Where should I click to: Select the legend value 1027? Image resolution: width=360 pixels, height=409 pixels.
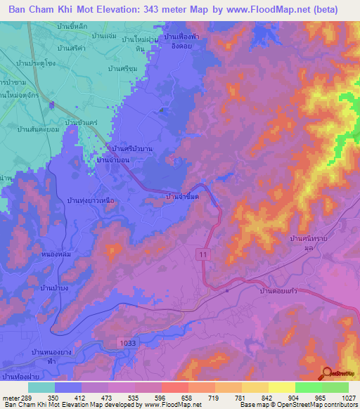coord(349,397)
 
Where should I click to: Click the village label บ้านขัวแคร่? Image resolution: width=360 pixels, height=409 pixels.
coord(79,123)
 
